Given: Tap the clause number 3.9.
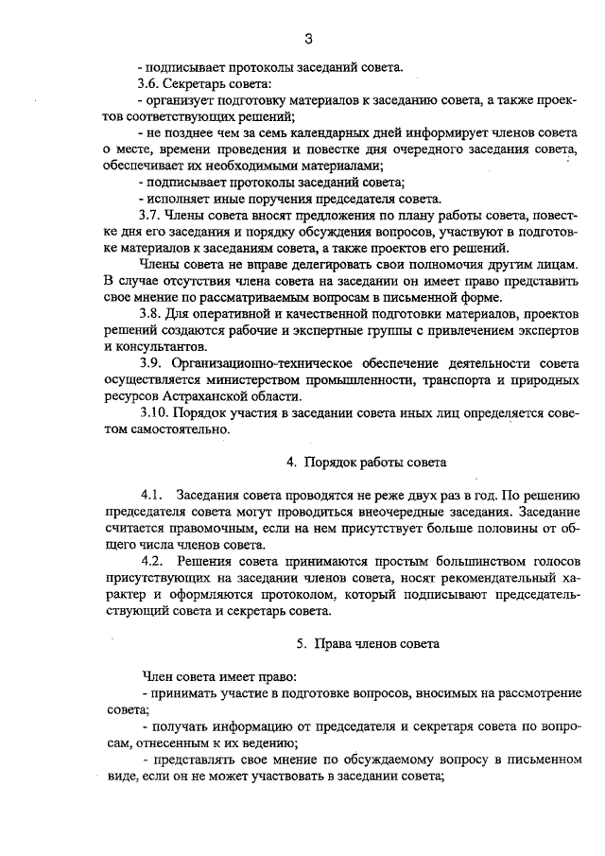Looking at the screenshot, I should [152, 363].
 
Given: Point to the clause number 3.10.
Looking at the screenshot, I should [155, 412].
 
